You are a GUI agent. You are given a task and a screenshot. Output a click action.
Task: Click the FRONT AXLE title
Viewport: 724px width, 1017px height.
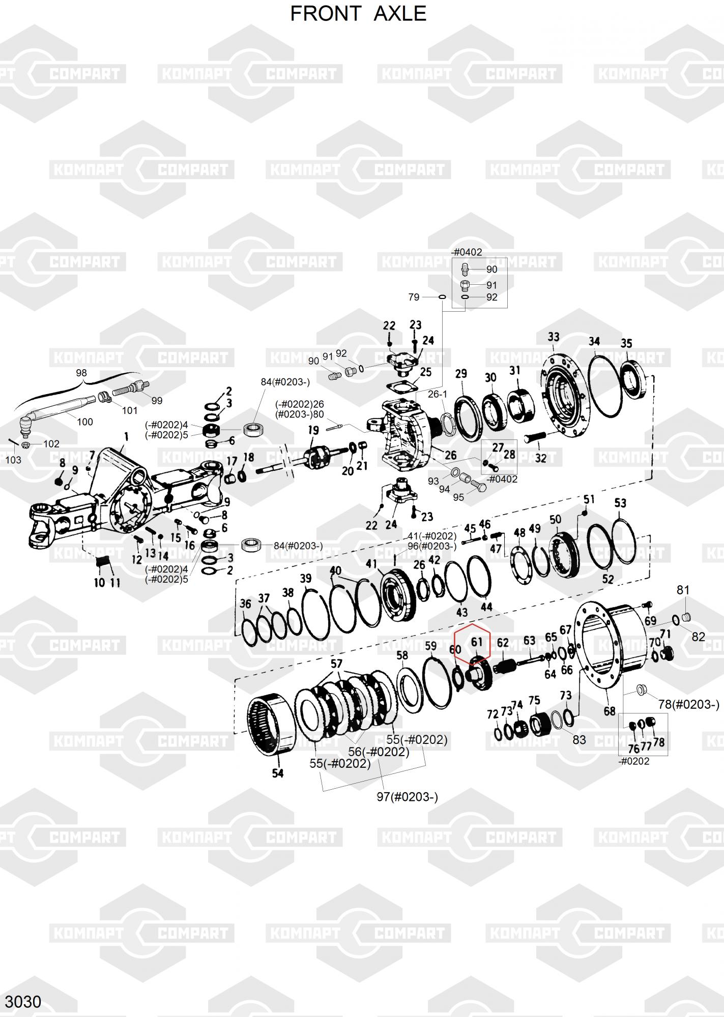click(x=358, y=14)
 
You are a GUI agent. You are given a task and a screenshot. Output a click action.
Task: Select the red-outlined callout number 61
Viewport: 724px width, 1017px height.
click(x=476, y=642)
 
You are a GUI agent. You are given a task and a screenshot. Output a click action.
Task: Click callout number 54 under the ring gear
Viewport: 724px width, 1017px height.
click(x=277, y=773)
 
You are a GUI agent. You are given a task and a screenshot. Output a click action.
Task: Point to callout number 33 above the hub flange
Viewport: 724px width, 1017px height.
click(x=554, y=337)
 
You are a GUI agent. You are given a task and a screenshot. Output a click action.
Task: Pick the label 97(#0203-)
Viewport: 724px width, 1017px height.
click(x=407, y=797)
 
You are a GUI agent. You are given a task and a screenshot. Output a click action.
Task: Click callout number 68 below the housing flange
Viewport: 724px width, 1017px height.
click(x=610, y=711)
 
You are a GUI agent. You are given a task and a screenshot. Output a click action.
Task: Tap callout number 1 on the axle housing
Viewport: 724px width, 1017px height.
click(x=126, y=436)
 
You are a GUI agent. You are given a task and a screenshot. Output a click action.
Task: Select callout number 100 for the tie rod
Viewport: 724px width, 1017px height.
click(x=84, y=422)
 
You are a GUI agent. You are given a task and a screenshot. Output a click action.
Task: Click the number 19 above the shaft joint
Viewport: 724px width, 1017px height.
click(x=313, y=431)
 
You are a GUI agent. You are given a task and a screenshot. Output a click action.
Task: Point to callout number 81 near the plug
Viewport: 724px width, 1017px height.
click(x=683, y=590)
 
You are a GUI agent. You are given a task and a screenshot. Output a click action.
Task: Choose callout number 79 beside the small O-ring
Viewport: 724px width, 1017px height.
click(x=414, y=297)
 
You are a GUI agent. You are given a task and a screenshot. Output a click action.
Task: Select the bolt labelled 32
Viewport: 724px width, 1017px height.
click(x=532, y=436)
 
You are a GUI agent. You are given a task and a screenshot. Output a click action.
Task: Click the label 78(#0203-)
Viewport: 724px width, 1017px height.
click(x=689, y=704)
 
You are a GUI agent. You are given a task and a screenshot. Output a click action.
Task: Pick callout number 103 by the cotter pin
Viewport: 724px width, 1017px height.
click(x=13, y=460)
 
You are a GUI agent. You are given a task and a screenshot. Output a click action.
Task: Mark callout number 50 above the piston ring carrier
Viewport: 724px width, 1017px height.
click(x=555, y=519)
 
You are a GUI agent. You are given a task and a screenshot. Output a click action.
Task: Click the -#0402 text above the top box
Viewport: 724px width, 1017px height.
click(x=467, y=252)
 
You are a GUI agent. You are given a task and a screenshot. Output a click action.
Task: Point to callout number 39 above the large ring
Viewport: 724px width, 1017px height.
click(x=305, y=578)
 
